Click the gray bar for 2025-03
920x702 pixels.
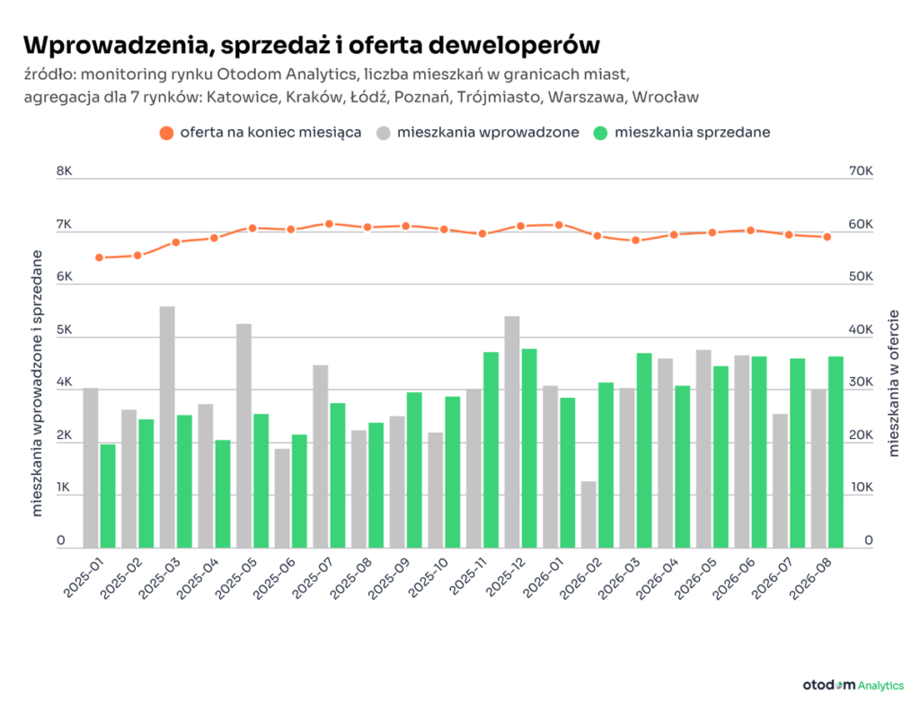pos(167,427)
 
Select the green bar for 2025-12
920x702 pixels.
pos(529,448)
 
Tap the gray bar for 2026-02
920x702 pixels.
pos(588,514)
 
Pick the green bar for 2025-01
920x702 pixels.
pos(108,496)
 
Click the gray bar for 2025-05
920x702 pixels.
pos(244,435)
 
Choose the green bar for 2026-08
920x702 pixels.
pos(836,452)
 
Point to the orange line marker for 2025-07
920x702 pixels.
pos(329,224)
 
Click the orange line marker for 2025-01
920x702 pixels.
pos(99,258)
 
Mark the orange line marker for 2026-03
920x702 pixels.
pos(635,240)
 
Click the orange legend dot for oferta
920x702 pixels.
pos(166,133)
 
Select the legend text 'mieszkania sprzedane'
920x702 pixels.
pos(693,133)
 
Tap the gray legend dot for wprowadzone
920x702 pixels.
pos(384,133)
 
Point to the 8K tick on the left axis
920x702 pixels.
pos(64,171)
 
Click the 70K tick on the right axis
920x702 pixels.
pos(861,171)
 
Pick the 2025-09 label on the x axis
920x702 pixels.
pos(388,578)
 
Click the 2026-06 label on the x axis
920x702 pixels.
pos(733,578)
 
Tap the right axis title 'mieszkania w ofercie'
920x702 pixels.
pos(894,383)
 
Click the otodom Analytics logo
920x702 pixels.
pos(854,685)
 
